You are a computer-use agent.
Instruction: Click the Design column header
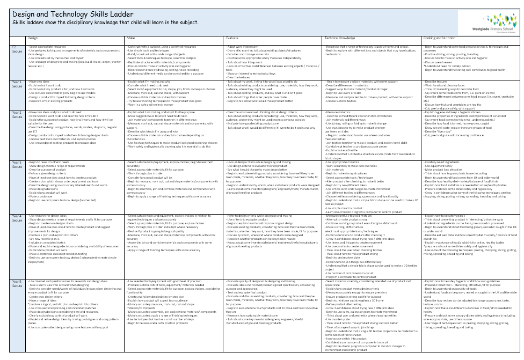[x=33, y=39]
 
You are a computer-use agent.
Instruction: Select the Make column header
[x=130, y=39]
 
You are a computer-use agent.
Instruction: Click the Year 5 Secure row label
[x=17, y=283]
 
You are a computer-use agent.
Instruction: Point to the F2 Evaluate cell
[x=274, y=62]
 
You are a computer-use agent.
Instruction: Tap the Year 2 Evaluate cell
[x=274, y=134]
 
